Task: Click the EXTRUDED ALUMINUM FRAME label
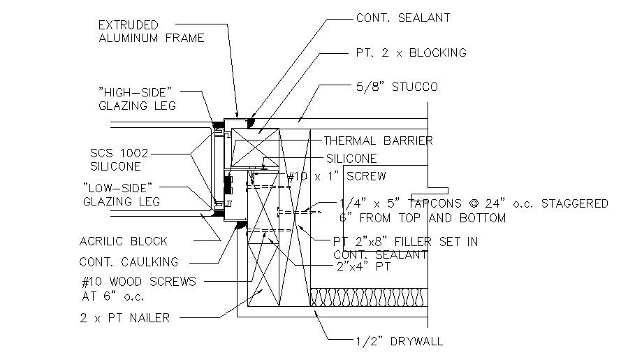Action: point(151,31)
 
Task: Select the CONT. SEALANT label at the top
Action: point(403,17)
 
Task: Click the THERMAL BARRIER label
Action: point(377,141)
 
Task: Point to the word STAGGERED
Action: point(569,203)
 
